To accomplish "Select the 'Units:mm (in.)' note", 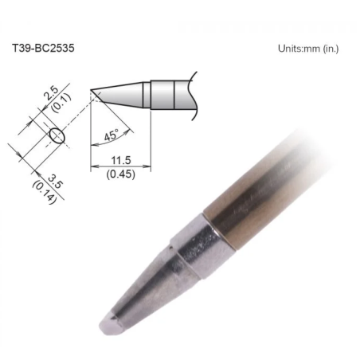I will [x=307, y=49].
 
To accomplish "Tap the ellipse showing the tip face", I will [x=57, y=135].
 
